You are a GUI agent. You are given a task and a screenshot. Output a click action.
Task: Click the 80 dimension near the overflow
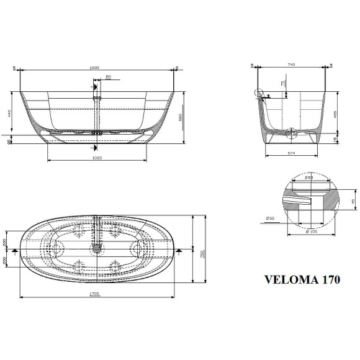pos(108,78)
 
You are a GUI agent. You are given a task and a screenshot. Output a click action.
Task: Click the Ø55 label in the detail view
pos(271,218)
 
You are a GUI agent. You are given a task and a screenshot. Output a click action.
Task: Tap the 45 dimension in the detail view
pos(353,202)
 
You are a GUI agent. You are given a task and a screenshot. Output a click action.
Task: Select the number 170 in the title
pos(328,279)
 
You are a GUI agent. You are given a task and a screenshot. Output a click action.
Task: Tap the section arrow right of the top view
pos(178,250)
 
